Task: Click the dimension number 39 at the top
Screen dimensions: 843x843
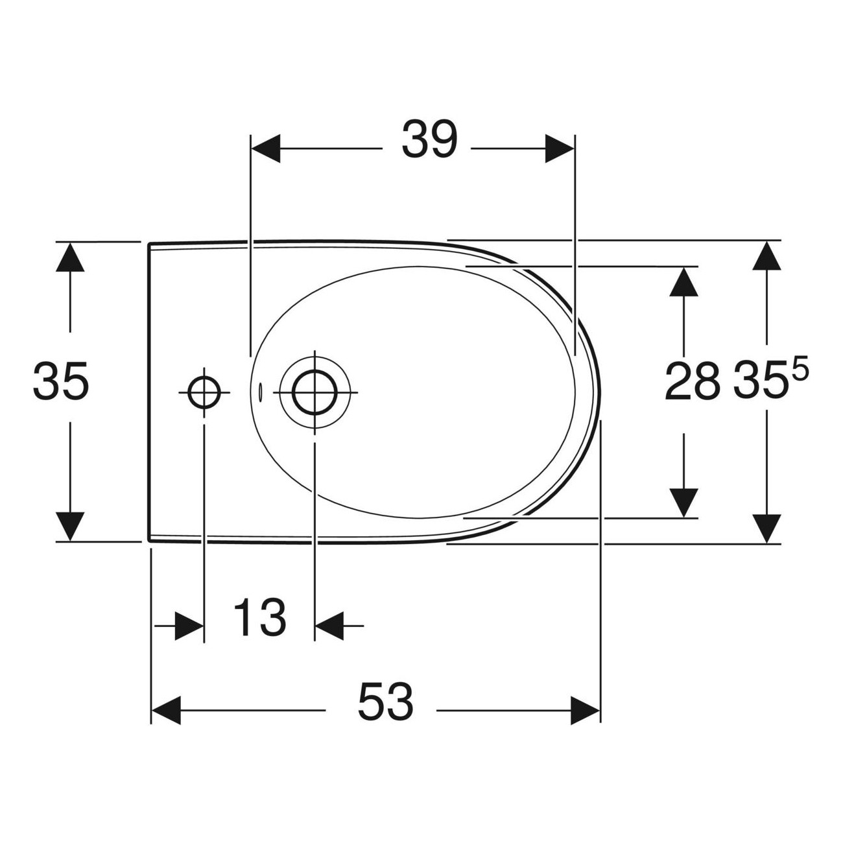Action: [x=429, y=140]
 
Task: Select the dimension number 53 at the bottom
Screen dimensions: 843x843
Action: [x=385, y=702]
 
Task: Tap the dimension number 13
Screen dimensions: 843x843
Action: [x=259, y=618]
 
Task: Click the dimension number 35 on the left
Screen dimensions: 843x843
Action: [x=60, y=381]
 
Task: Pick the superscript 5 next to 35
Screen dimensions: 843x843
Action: [x=800, y=370]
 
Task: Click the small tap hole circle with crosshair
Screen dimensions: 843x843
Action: [x=204, y=391]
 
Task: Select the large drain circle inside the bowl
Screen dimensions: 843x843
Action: [x=315, y=393]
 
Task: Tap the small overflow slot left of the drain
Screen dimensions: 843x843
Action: [x=261, y=392]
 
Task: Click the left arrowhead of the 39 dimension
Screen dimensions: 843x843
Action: [x=265, y=149]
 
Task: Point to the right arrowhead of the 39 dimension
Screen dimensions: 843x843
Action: [x=560, y=149]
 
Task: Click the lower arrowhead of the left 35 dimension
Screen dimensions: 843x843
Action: [x=70, y=527]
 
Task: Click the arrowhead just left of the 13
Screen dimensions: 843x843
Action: [x=189, y=626]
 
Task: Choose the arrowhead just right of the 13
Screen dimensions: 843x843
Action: [x=329, y=626]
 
